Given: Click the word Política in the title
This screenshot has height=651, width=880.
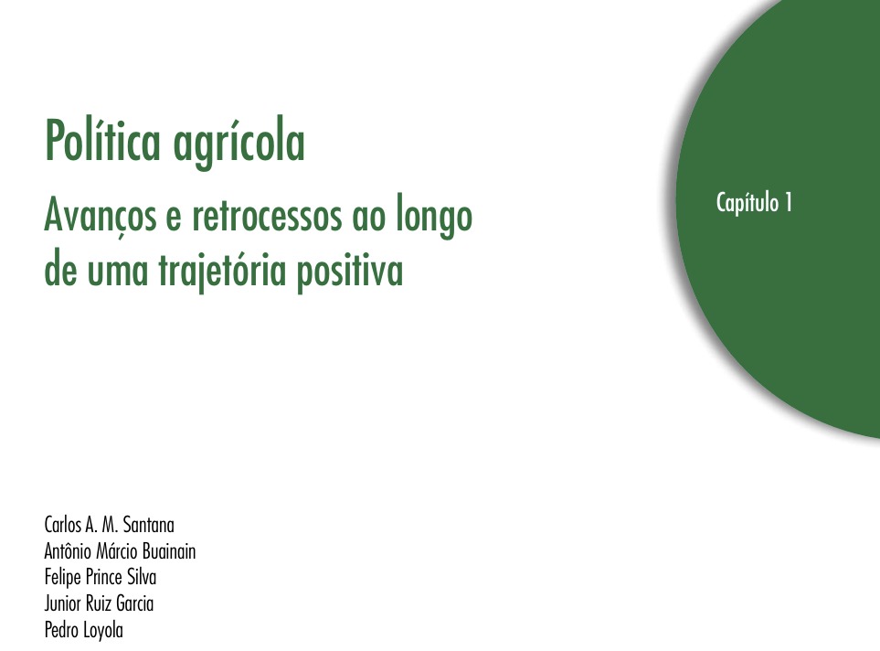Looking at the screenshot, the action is [x=102, y=141].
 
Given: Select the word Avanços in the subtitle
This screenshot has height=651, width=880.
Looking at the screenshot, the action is [x=101, y=218].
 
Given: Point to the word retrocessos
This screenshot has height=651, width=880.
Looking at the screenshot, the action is [x=267, y=216].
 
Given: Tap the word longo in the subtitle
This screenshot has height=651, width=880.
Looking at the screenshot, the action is [x=434, y=217].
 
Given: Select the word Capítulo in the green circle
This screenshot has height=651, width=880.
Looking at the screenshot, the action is [x=747, y=203].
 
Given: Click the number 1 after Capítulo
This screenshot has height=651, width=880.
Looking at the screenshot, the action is [x=790, y=202].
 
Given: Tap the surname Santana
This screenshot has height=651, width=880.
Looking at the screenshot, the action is [x=149, y=525].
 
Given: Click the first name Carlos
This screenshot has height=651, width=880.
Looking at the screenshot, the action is [x=63, y=525].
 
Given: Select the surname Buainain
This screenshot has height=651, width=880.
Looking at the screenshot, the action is [x=169, y=551].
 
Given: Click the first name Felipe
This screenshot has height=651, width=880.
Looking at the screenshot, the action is [x=62, y=578].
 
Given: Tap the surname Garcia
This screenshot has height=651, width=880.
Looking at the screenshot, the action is [x=134, y=603].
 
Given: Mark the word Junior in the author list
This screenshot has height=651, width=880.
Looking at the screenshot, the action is [x=62, y=603].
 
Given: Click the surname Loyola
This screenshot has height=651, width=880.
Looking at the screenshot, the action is [x=103, y=631].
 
